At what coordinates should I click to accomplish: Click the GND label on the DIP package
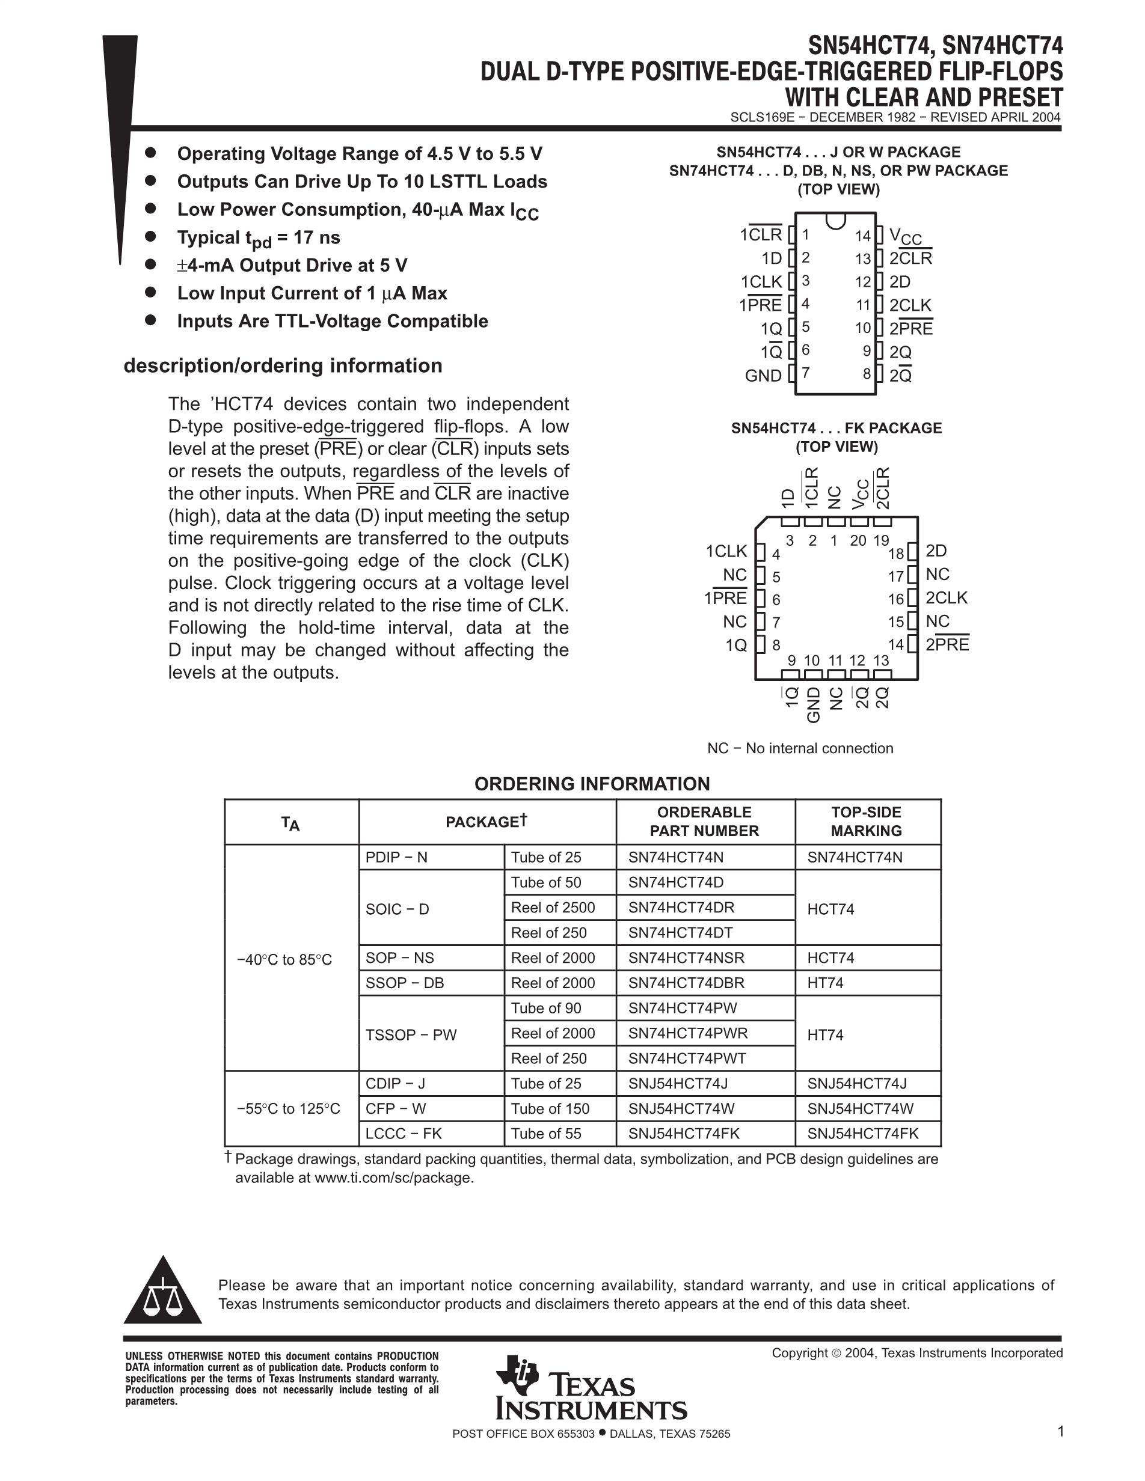(763, 376)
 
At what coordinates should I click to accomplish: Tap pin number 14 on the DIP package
(862, 236)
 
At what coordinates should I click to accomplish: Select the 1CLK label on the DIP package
(761, 282)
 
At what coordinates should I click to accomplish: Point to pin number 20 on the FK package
(858, 540)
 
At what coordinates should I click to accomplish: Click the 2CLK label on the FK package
(947, 597)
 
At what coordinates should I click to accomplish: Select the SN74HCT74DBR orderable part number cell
(686, 983)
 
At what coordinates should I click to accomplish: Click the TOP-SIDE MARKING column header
(866, 821)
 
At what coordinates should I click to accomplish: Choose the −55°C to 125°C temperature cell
(288, 1109)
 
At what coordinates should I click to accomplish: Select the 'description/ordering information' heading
(283, 365)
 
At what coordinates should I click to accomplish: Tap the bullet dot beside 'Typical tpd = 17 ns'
(150, 236)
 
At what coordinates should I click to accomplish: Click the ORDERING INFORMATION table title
(592, 784)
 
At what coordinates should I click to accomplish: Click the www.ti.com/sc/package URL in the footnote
(393, 1178)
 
